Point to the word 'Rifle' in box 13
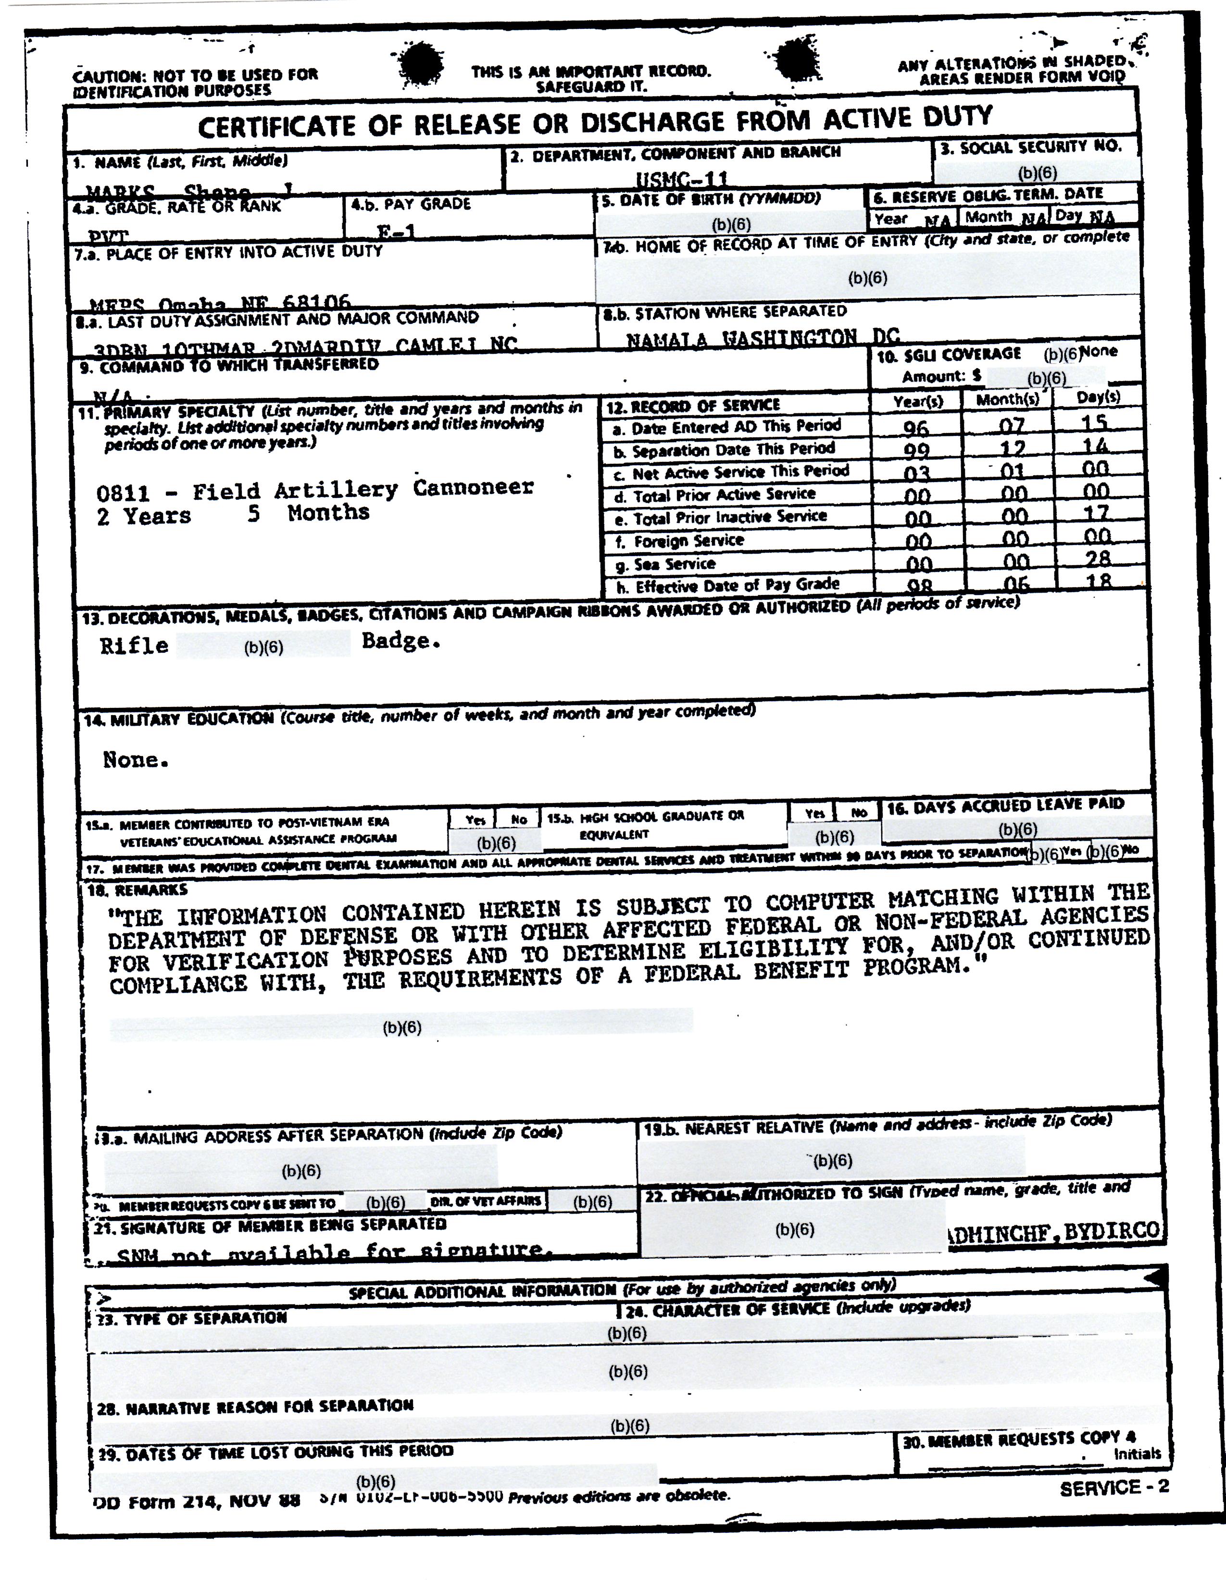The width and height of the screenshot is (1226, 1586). (x=134, y=645)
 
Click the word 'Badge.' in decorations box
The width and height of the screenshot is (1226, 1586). (x=401, y=641)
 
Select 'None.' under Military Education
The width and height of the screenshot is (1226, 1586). (x=136, y=759)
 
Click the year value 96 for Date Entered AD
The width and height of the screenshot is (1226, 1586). (x=916, y=427)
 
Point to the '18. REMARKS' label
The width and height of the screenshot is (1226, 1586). (x=138, y=890)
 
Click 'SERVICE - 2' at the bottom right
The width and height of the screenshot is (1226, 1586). (x=1114, y=1487)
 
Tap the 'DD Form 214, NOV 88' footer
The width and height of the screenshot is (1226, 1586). (x=197, y=1501)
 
